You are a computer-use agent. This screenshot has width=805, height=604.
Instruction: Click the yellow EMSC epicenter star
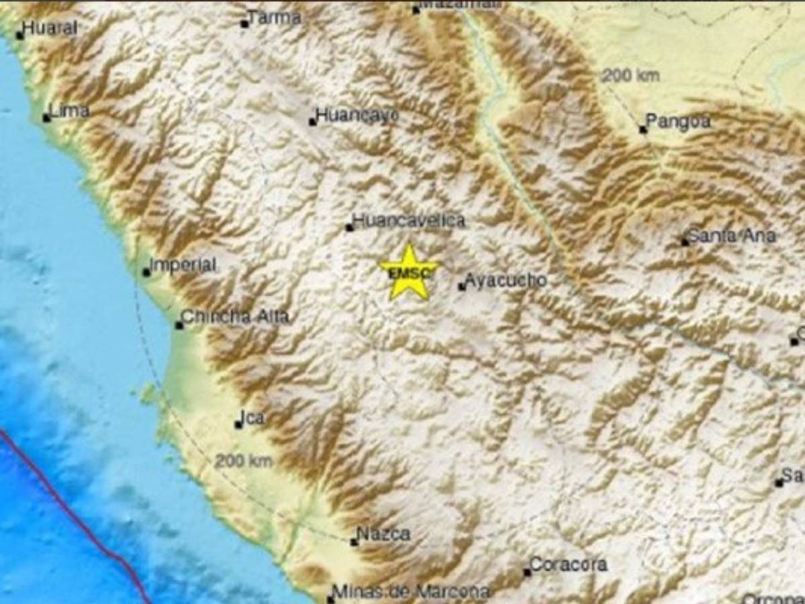pyautogui.click(x=408, y=272)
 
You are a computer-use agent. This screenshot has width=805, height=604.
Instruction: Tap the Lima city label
pyautogui.click(x=70, y=111)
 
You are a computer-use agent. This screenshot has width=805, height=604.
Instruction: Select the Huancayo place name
pyautogui.click(x=357, y=115)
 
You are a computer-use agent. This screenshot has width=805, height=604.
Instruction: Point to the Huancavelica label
pyautogui.click(x=409, y=220)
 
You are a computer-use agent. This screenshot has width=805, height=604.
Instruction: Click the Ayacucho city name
pyautogui.click(x=506, y=281)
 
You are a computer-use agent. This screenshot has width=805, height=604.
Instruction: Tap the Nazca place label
pyautogui.click(x=383, y=534)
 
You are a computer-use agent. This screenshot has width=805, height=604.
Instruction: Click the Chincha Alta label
pyautogui.click(x=235, y=317)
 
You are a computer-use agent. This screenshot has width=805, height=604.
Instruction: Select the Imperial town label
pyautogui.click(x=183, y=265)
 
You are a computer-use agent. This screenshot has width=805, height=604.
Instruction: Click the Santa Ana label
pyautogui.click(x=732, y=236)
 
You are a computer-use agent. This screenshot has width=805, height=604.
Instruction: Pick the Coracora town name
pyautogui.click(x=568, y=564)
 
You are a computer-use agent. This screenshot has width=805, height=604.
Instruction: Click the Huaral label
pyautogui.click(x=50, y=28)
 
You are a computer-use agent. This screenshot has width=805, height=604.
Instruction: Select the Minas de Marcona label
pyautogui.click(x=411, y=592)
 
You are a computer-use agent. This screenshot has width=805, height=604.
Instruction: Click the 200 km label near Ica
pyautogui.click(x=244, y=461)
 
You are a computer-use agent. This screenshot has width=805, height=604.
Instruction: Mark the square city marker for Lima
pyautogui.click(x=46, y=118)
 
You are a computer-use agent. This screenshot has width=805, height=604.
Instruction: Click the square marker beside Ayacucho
pyautogui.click(x=462, y=287)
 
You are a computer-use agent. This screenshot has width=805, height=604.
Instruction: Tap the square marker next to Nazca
pyautogui.click(x=354, y=542)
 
